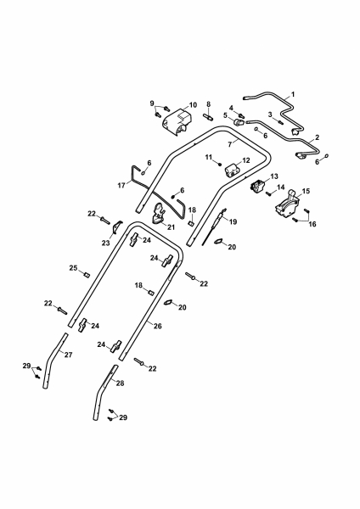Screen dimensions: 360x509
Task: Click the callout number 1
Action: click(x=293, y=94)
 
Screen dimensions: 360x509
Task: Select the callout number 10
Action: click(x=193, y=105)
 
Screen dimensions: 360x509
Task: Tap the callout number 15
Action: click(x=306, y=191)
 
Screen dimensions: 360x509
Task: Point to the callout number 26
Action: click(x=158, y=326)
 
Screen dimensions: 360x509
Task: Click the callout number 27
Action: click(x=68, y=355)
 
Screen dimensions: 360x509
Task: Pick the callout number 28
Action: click(x=120, y=383)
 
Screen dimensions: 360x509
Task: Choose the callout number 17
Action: click(x=121, y=186)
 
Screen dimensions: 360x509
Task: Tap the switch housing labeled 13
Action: click(x=258, y=186)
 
